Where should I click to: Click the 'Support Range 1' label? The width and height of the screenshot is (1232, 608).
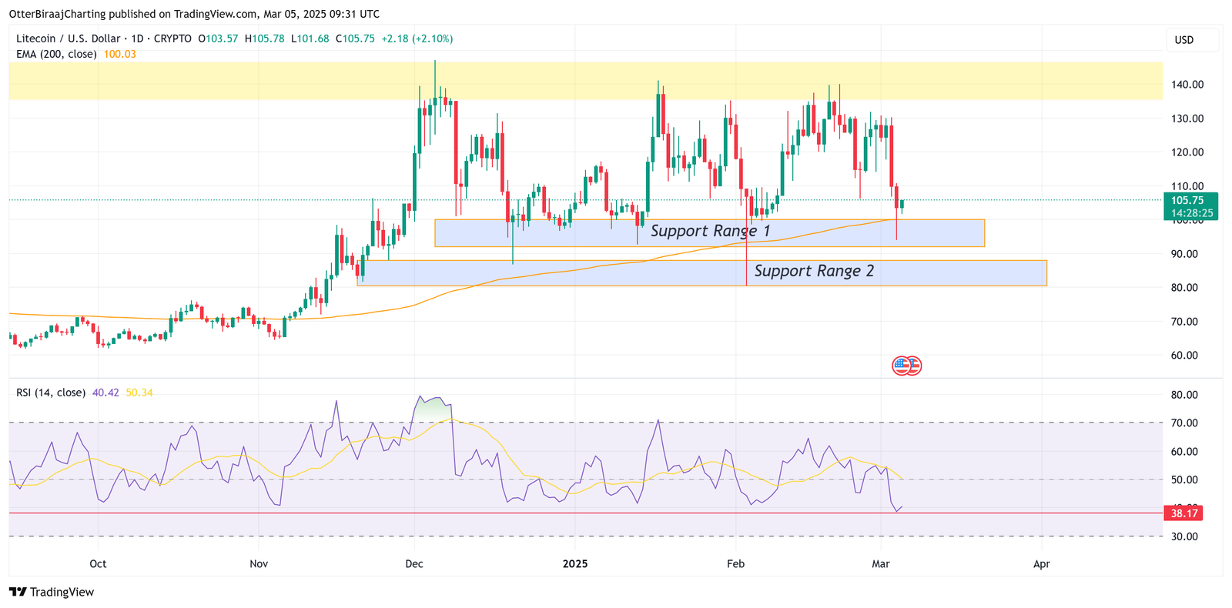(x=710, y=231)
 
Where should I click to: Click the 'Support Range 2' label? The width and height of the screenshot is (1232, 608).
(x=814, y=271)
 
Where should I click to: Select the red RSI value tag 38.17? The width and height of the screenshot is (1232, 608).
(x=1183, y=513)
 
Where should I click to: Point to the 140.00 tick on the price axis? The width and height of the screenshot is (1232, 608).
(x=1187, y=85)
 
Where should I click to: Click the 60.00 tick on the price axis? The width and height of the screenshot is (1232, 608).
(x=1187, y=356)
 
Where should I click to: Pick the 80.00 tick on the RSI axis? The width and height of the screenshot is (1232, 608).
(x=1183, y=395)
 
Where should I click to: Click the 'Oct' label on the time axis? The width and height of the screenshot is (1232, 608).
(x=98, y=564)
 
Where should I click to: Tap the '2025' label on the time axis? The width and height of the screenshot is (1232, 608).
(x=575, y=564)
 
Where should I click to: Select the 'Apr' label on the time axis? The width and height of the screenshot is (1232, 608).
(x=1041, y=564)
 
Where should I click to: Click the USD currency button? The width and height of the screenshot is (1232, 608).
(x=1183, y=40)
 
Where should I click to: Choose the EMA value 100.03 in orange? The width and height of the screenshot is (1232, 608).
(x=119, y=55)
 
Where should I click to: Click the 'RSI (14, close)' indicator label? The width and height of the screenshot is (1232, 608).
(x=51, y=393)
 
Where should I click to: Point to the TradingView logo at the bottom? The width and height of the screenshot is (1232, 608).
(x=52, y=592)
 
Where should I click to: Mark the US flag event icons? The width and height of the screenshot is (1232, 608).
(x=906, y=366)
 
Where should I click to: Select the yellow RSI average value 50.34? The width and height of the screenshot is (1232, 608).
(x=139, y=393)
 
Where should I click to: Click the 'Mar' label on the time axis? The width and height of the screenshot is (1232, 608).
(x=881, y=564)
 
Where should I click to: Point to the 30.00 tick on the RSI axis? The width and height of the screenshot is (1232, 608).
(x=1183, y=536)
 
